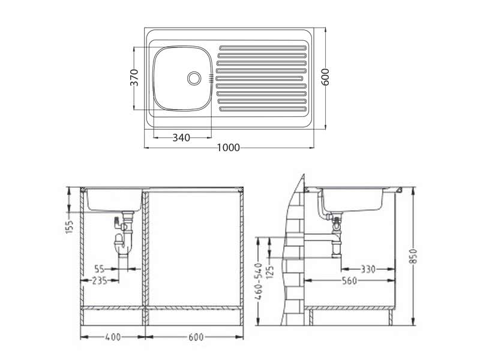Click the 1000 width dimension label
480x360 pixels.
(228, 147)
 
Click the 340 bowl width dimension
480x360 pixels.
(181, 137)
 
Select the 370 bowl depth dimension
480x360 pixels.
(134, 78)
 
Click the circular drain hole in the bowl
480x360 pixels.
(194, 78)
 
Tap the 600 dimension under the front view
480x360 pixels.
(195, 337)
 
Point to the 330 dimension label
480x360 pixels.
(368, 269)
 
